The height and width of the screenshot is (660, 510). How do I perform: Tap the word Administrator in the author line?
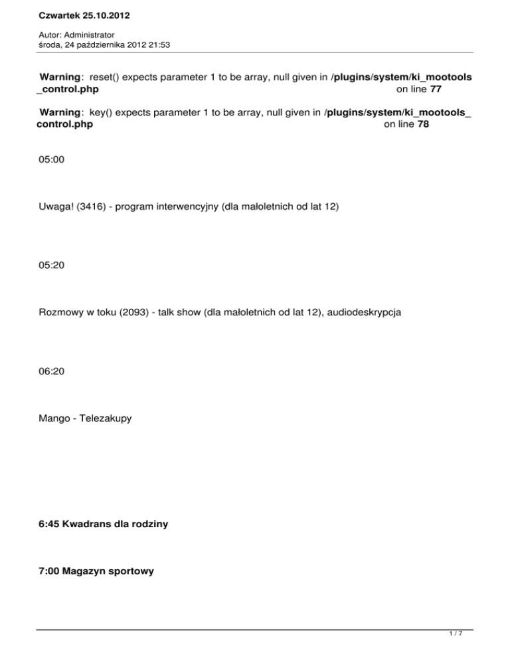tap(90, 34)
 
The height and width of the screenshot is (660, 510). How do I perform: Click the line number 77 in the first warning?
tap(435, 88)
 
